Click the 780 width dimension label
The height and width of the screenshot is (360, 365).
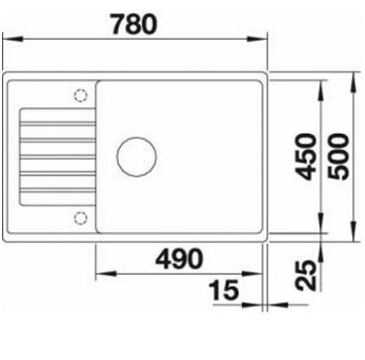(x=134, y=25)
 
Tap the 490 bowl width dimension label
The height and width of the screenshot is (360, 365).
(x=179, y=258)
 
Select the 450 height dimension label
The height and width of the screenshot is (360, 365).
(x=305, y=157)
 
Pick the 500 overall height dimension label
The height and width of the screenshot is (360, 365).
(x=338, y=157)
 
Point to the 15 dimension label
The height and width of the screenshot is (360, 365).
(x=224, y=290)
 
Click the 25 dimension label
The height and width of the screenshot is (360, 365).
(x=305, y=276)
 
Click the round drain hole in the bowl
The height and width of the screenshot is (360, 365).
(x=137, y=157)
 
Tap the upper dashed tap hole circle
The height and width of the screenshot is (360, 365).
(x=80, y=95)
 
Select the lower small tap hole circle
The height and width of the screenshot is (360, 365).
(x=80, y=218)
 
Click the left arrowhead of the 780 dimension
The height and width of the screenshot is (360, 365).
(x=13, y=39)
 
